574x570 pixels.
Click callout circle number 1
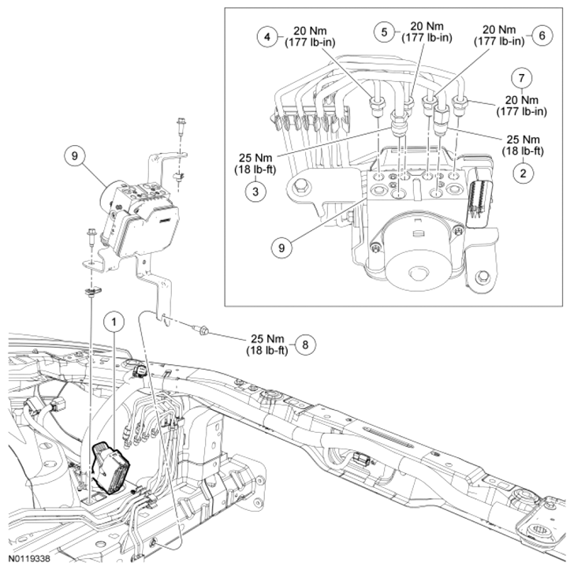[x=115, y=322]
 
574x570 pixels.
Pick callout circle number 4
[x=268, y=36]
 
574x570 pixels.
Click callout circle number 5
[x=386, y=32]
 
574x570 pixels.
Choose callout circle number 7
[x=519, y=78]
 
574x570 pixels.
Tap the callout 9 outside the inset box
[x=75, y=156]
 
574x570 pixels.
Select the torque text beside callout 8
[x=266, y=345]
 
